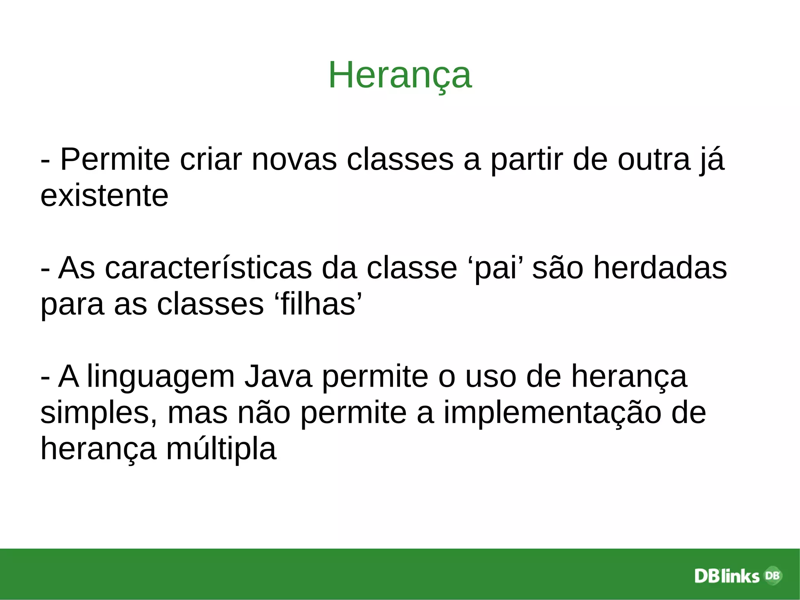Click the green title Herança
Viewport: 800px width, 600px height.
click(x=400, y=75)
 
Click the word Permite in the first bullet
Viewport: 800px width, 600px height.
click(x=115, y=159)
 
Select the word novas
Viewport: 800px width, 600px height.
click(x=294, y=159)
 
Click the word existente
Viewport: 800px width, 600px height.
click(x=104, y=195)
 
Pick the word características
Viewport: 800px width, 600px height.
click(x=208, y=268)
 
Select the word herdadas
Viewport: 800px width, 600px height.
click(x=660, y=268)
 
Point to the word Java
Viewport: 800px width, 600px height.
click(x=278, y=376)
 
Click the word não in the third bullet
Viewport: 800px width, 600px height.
click(x=264, y=413)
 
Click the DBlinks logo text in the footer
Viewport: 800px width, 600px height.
click(x=727, y=576)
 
